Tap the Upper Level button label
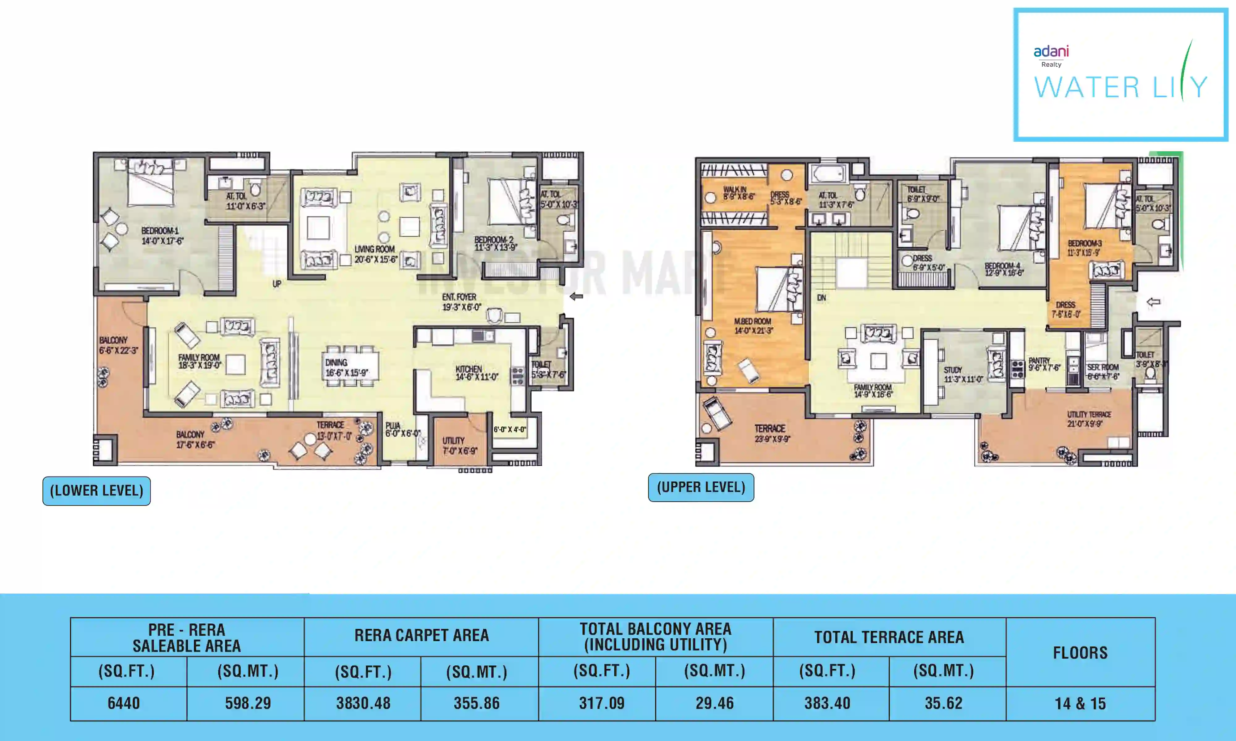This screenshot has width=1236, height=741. pyautogui.click(x=701, y=487)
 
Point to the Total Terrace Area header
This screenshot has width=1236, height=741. pyautogui.click(x=889, y=637)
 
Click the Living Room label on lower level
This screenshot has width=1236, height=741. pyautogui.click(x=375, y=254)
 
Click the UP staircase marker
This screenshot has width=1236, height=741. pyautogui.click(x=277, y=284)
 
